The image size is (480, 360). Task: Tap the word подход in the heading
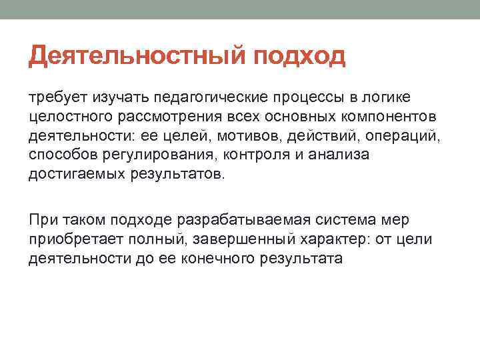[299, 57]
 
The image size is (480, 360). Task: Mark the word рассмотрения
[169, 117]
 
